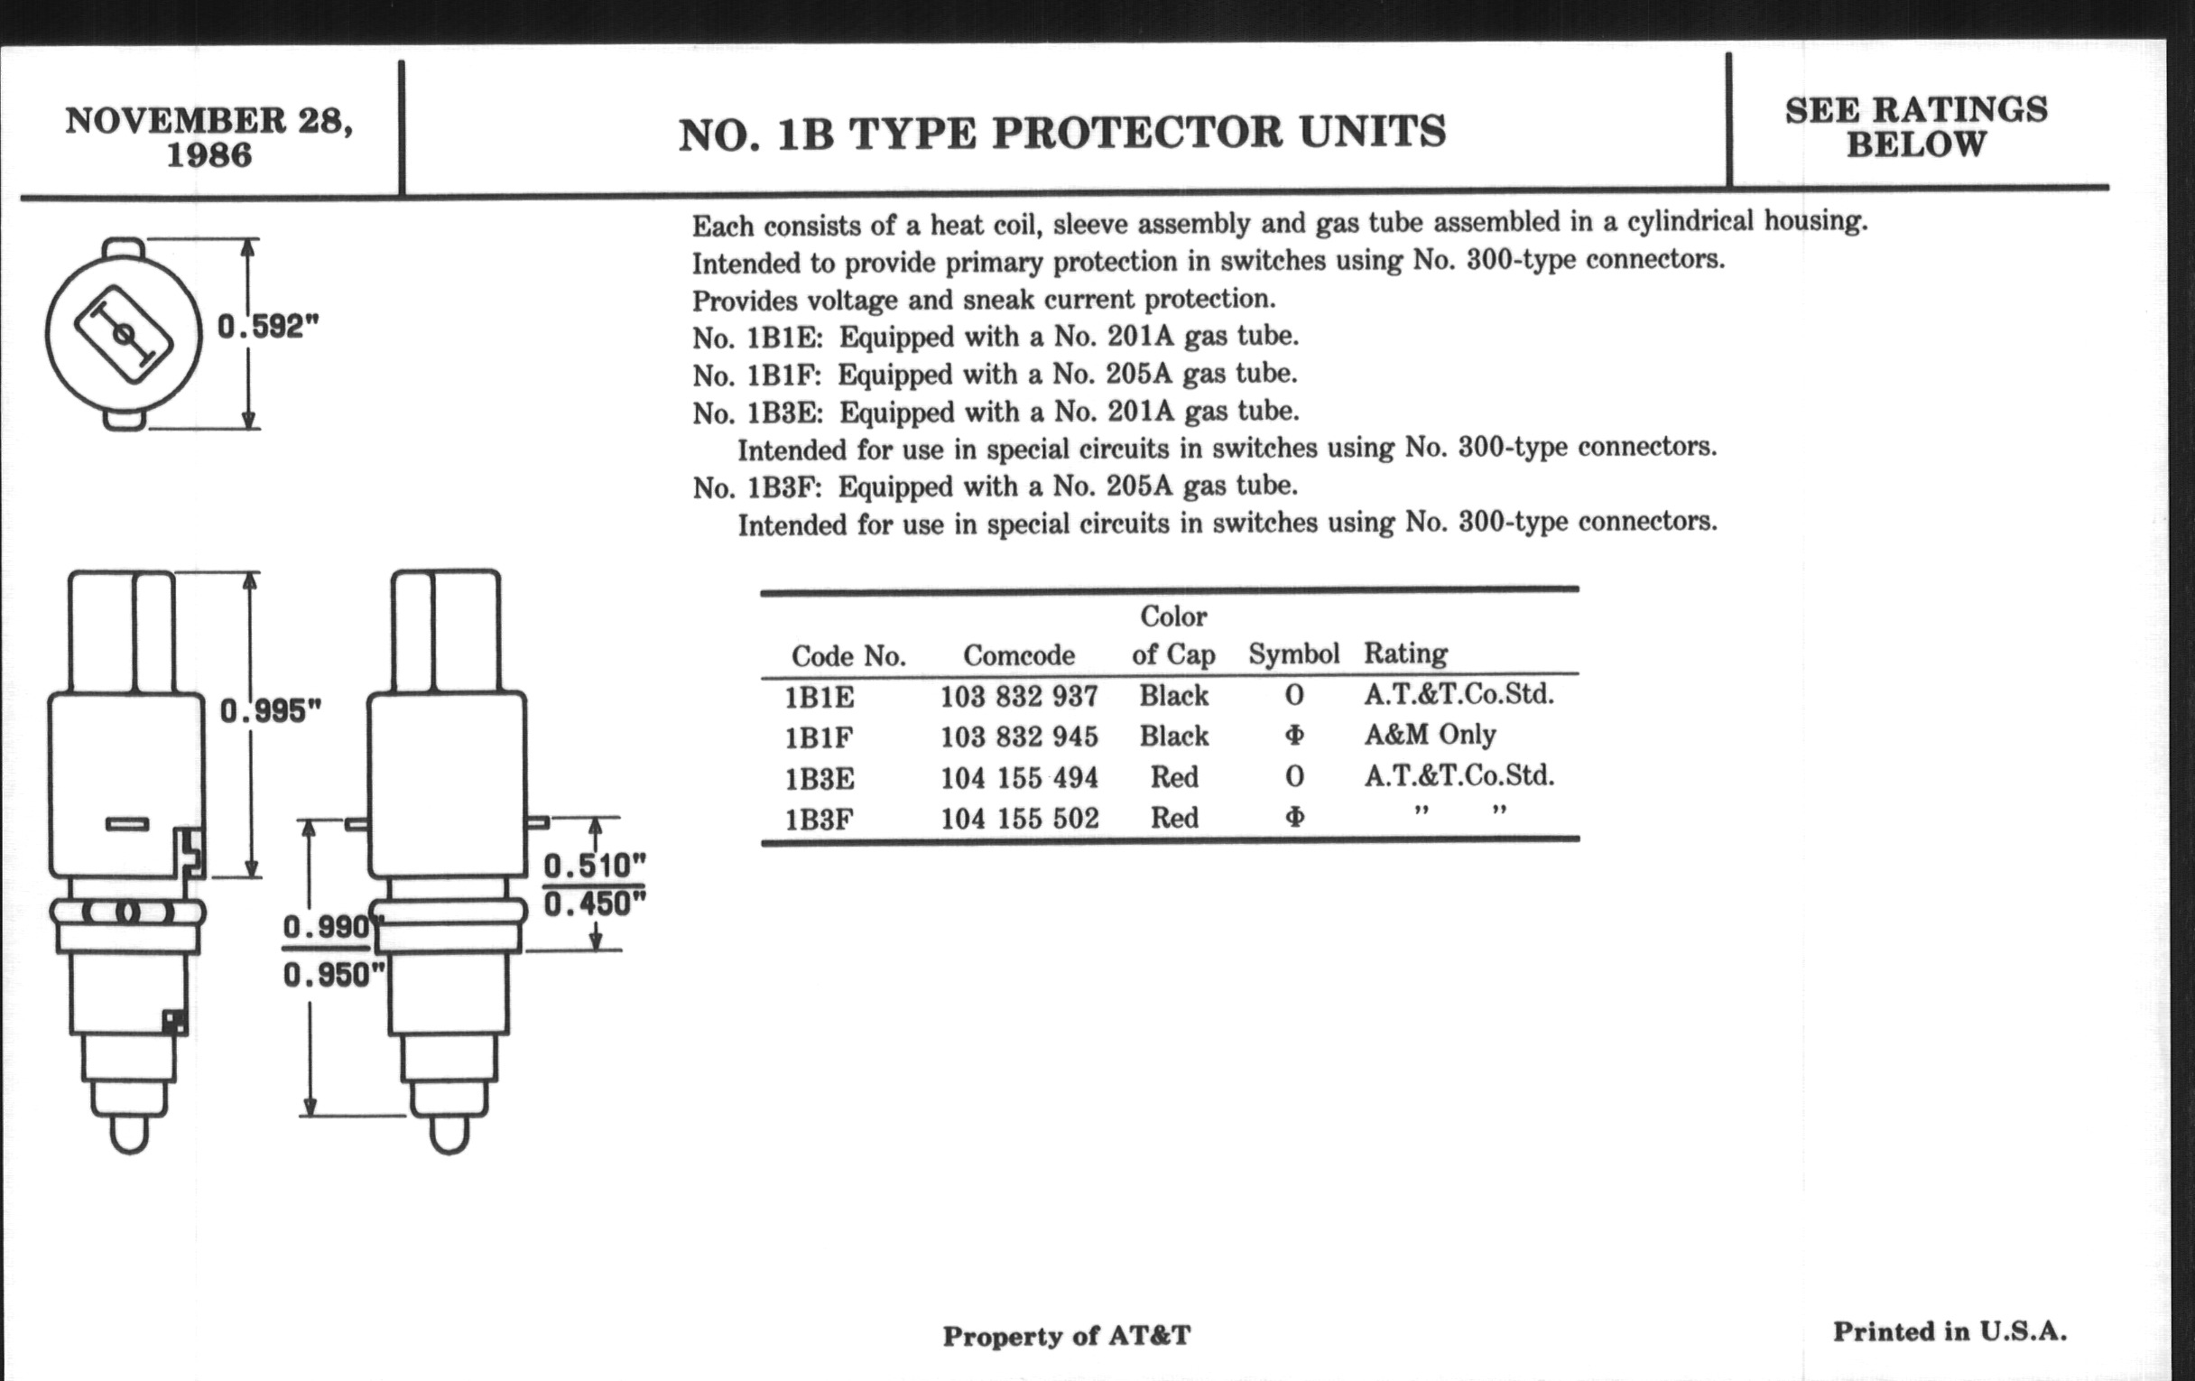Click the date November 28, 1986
point(208,136)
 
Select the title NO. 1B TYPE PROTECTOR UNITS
point(1062,132)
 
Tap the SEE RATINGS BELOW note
point(1916,126)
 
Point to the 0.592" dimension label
point(268,327)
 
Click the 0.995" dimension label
point(271,711)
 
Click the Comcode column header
point(1018,654)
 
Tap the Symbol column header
point(1293,653)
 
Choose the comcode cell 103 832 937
point(1019,697)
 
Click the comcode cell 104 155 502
point(1019,819)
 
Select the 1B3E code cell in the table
point(820,778)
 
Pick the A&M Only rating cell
point(1430,734)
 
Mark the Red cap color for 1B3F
point(1174,818)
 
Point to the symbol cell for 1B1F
point(1294,735)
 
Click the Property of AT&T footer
point(1067,1336)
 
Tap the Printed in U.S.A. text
point(1950,1331)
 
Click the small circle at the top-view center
point(122,335)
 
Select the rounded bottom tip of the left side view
point(128,1135)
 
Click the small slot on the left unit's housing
point(126,825)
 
